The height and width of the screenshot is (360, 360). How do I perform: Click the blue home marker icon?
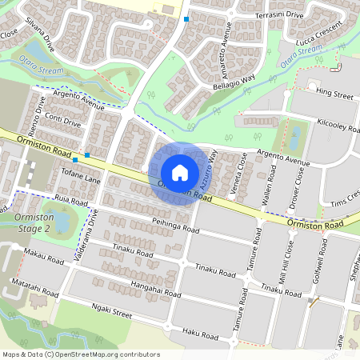[180, 173]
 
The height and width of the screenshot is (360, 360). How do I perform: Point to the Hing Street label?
[334, 94]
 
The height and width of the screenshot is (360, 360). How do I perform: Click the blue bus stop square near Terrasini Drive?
[186, 18]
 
